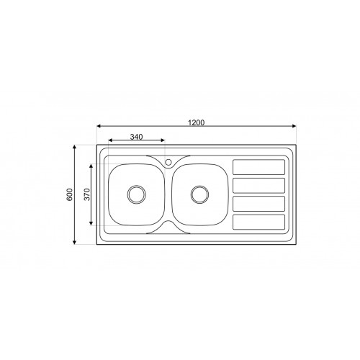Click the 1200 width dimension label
point(197,123)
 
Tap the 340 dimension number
point(136,136)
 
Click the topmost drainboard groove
point(259,167)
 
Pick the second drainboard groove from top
point(259,185)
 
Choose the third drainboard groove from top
point(259,203)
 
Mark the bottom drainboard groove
point(259,221)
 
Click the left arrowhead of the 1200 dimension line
point(98,127)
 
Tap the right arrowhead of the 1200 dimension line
point(296,127)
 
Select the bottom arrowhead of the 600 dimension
point(76,241)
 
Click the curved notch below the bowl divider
point(168,227)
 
